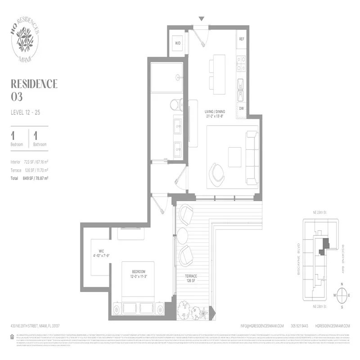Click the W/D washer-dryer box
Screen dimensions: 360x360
click(x=177, y=44)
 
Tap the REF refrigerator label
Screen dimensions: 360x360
click(x=241, y=40)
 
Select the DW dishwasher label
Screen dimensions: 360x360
click(x=241, y=108)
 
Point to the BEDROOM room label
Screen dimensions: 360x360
click(x=138, y=274)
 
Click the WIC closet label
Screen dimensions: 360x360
click(x=101, y=253)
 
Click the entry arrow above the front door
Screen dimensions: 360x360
click(x=202, y=19)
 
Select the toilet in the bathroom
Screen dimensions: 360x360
click(x=177, y=105)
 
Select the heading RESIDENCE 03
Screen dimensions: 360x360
click(x=34, y=89)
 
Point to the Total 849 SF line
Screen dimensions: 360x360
click(x=30, y=178)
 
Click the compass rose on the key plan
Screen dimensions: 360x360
click(x=342, y=295)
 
